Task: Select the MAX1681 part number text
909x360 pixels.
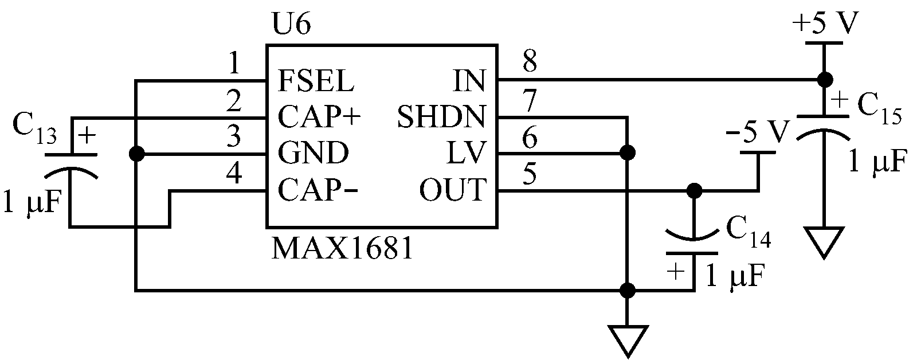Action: pyautogui.click(x=343, y=248)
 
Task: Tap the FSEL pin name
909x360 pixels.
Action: pyautogui.click(x=316, y=81)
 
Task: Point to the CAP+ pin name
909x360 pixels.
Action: pyautogui.click(x=320, y=118)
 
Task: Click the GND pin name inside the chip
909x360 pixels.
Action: pyautogui.click(x=313, y=154)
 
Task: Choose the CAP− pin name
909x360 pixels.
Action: pyautogui.click(x=318, y=190)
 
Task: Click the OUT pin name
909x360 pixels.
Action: pyautogui.click(x=453, y=190)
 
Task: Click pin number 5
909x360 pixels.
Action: pyautogui.click(x=530, y=174)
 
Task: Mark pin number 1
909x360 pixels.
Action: pyautogui.click(x=234, y=64)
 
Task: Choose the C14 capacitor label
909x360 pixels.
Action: pyautogui.click(x=748, y=231)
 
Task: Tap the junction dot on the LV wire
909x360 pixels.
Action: pyautogui.click(x=628, y=153)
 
